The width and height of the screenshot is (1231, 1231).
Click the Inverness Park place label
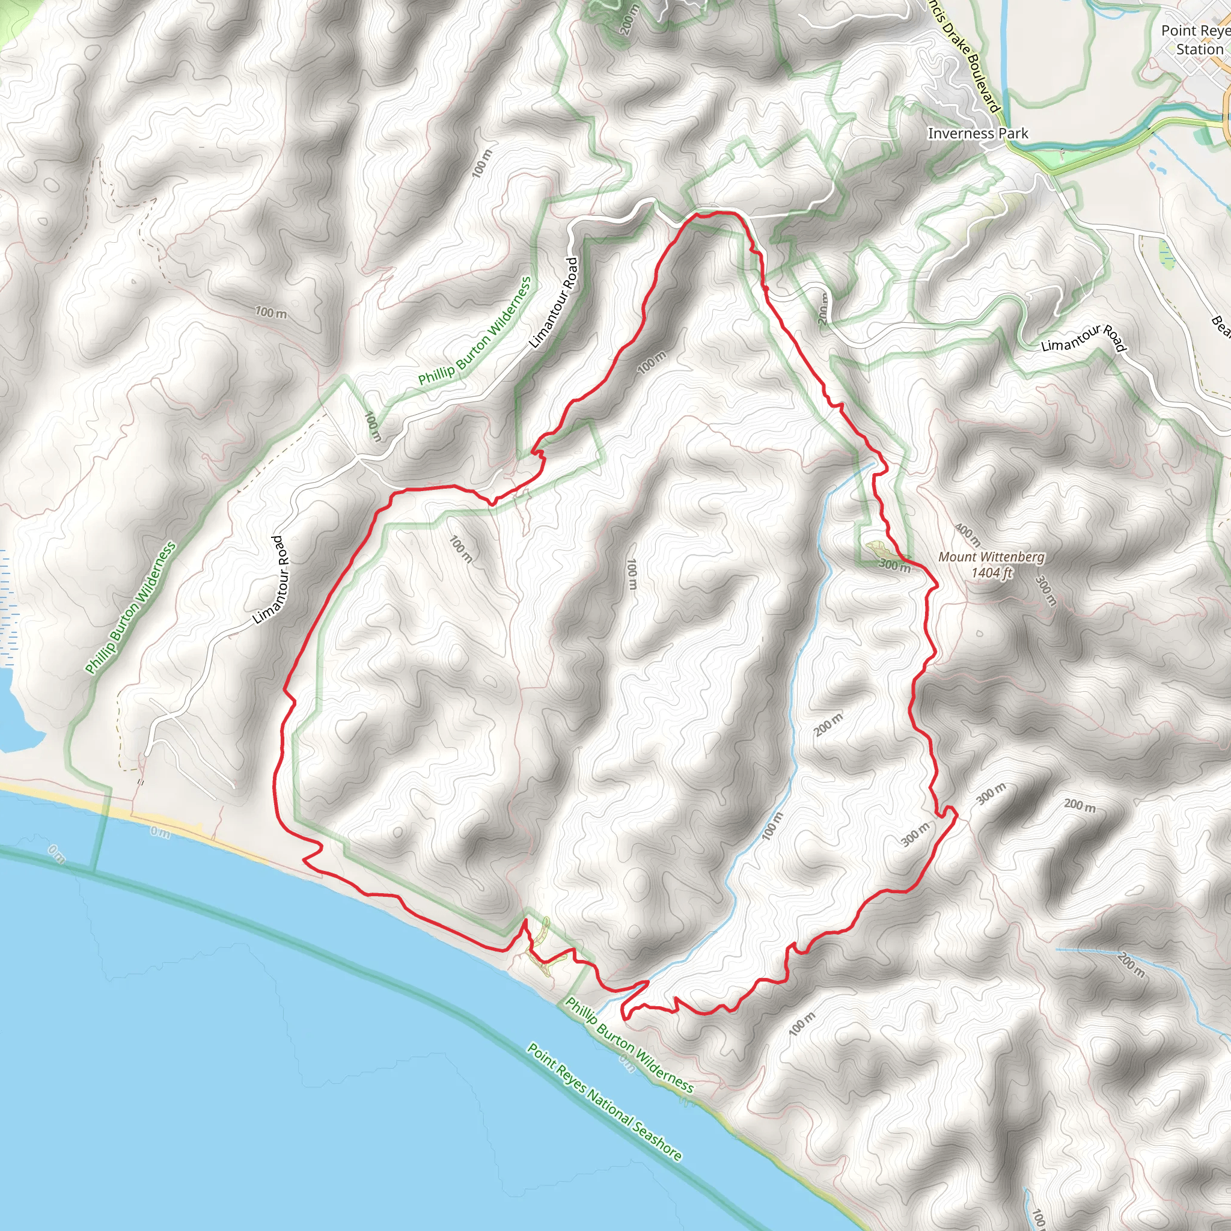click(x=977, y=133)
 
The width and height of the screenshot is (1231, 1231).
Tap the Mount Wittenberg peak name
click(x=991, y=557)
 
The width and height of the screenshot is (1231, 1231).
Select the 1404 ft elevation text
click(x=991, y=573)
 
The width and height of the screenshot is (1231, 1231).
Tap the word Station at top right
click(x=1199, y=49)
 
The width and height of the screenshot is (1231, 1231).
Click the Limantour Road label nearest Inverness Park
click(x=1083, y=338)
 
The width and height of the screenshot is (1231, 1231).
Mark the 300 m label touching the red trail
click(x=894, y=564)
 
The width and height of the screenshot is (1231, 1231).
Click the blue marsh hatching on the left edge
click(x=7, y=605)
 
